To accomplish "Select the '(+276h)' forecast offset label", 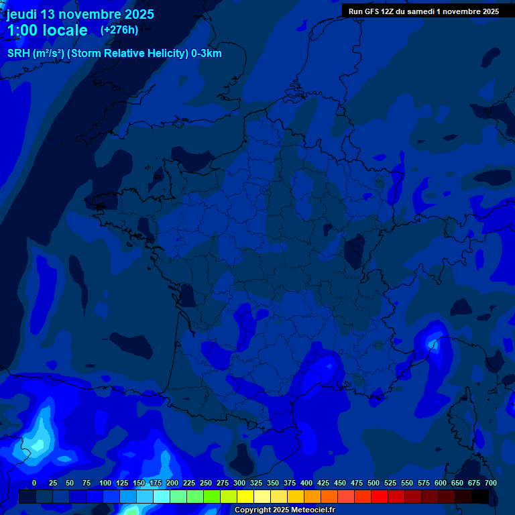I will pyautogui.click(x=119, y=30).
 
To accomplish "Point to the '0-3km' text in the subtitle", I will pyautogui.click(x=207, y=54).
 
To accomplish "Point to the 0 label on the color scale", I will pyautogui.click(x=34, y=483).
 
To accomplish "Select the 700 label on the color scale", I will pyautogui.click(x=490, y=483).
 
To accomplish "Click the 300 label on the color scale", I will pyautogui.click(x=239, y=483).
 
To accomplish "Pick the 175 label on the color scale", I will pyautogui.click(x=156, y=483).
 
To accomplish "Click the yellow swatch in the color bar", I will pyautogui.click(x=245, y=497).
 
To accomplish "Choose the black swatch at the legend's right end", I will pyautogui.click(x=480, y=497).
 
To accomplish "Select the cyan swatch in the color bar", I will pyautogui.click(x=162, y=497).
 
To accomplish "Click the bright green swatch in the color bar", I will pyautogui.click(x=212, y=497).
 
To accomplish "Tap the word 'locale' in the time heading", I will pyautogui.click(x=65, y=30).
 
